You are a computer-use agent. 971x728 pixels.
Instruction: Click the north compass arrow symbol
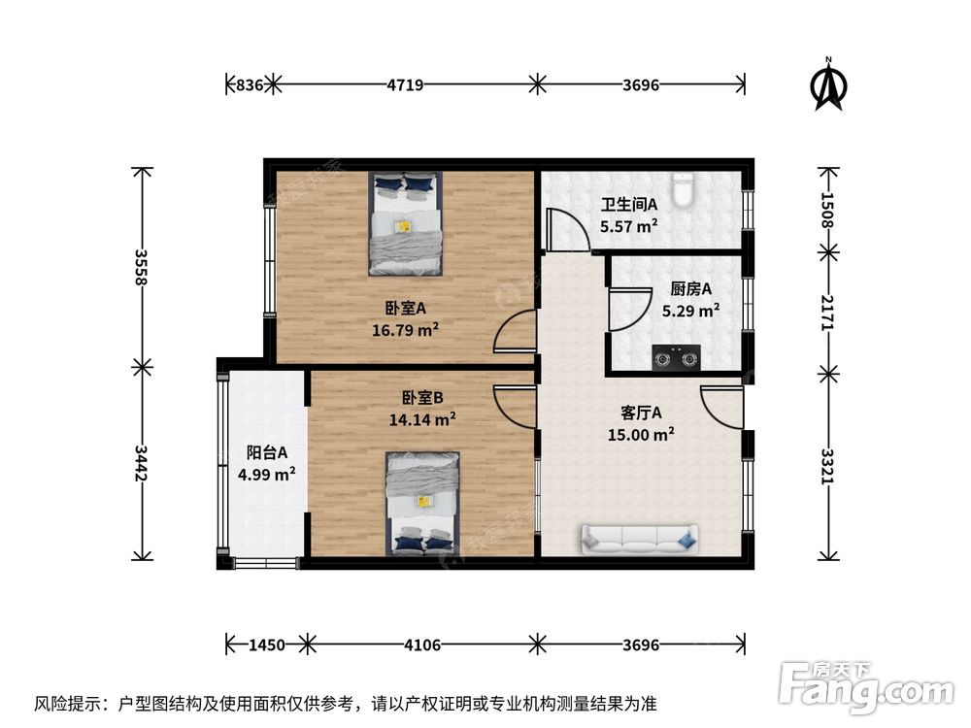click(828, 84)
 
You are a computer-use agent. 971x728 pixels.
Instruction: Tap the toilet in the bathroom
click(682, 189)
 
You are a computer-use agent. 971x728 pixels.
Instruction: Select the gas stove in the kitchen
click(676, 358)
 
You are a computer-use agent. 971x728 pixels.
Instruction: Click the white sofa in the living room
click(639, 539)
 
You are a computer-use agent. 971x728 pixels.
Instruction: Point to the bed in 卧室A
click(406, 223)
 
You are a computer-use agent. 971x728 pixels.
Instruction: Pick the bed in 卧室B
click(423, 503)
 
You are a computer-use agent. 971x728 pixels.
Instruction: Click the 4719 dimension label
click(405, 84)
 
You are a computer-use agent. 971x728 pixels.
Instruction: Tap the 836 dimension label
click(250, 84)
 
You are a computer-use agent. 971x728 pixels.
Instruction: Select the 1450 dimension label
click(267, 645)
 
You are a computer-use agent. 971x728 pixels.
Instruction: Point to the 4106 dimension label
click(422, 645)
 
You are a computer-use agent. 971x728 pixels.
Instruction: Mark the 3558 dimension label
click(141, 267)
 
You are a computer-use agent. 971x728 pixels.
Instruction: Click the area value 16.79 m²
click(405, 329)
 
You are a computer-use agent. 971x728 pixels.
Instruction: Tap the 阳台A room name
click(267, 452)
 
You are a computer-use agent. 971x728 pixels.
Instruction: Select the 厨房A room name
click(690, 288)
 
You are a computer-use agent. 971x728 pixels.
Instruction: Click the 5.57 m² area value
click(628, 226)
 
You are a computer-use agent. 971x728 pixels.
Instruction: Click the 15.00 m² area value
click(641, 434)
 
